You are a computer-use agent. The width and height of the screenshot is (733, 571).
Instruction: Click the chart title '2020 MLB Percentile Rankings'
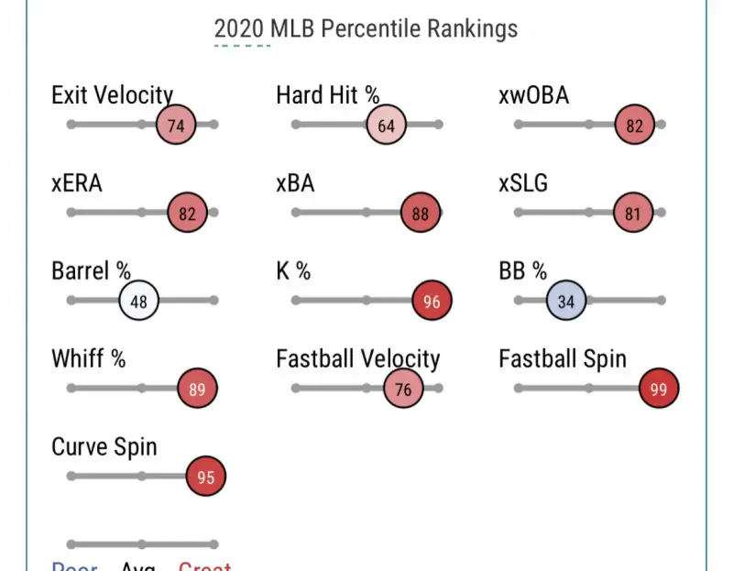(x=366, y=28)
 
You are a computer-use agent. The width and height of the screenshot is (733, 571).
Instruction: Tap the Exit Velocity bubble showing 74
(x=176, y=126)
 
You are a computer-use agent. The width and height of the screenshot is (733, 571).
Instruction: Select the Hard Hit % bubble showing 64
(x=386, y=126)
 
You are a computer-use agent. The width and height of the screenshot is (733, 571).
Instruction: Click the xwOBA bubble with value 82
(x=635, y=126)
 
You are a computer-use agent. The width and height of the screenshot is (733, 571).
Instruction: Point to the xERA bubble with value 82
(x=188, y=214)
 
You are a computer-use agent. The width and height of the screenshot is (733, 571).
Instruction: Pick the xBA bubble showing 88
(x=421, y=214)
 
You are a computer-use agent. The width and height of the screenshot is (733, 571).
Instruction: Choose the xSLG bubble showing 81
(x=631, y=214)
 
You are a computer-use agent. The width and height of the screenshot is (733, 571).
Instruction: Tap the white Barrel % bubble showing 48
(x=139, y=301)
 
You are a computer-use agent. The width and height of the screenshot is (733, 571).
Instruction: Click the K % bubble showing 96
(x=432, y=301)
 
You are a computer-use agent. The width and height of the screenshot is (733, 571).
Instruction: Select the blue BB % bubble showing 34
(x=566, y=301)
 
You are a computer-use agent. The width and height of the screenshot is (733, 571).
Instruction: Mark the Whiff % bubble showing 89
(x=197, y=389)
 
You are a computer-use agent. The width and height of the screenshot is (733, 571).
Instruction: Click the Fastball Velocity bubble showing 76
(x=403, y=389)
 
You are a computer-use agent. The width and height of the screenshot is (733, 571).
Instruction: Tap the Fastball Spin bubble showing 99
(x=659, y=389)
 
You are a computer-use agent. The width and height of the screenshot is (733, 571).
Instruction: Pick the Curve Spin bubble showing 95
(x=206, y=477)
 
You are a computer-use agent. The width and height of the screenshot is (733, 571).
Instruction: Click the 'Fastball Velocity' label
(x=358, y=359)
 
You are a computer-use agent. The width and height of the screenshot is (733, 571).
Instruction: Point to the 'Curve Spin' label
(x=104, y=447)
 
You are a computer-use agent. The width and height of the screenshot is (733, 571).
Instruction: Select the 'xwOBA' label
(x=534, y=94)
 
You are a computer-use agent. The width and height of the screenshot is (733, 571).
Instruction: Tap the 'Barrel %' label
(x=92, y=271)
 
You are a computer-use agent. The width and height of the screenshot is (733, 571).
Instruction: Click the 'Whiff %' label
(x=89, y=359)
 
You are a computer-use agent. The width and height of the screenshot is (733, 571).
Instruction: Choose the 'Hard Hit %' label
(x=328, y=94)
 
